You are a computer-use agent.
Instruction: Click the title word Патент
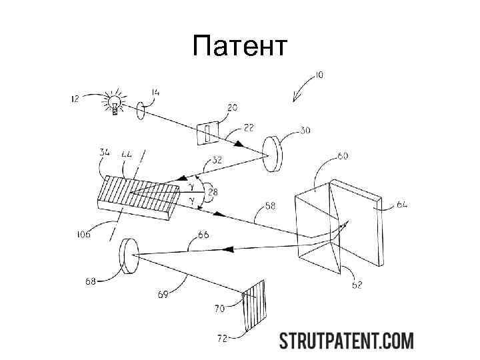click(x=239, y=47)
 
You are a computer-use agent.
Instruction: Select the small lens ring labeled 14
click(x=141, y=111)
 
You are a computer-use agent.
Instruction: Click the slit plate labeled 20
click(x=207, y=132)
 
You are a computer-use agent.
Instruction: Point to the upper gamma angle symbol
click(x=193, y=183)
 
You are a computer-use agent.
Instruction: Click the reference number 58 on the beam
click(x=270, y=207)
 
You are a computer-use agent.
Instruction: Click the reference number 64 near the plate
click(x=402, y=205)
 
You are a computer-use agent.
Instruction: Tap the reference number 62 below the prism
click(x=357, y=285)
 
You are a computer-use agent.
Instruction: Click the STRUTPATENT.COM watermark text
click(x=346, y=341)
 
